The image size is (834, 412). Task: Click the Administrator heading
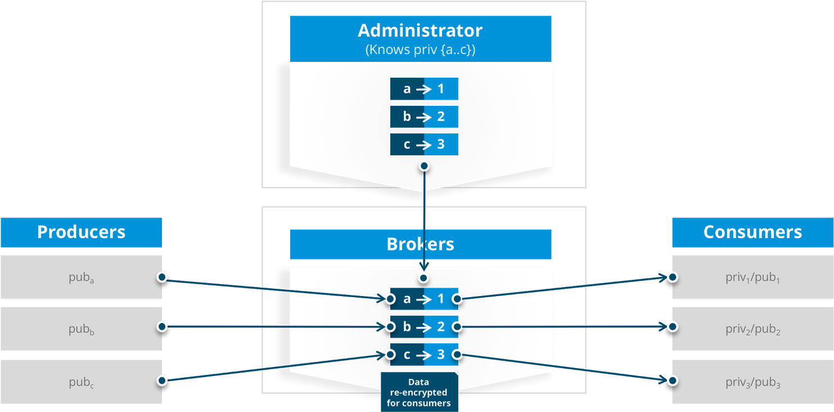(420, 30)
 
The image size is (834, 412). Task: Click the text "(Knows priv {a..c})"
(420, 50)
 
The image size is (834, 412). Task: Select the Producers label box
(81, 232)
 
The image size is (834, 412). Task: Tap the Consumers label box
(752, 232)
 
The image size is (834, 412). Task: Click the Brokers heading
(420, 244)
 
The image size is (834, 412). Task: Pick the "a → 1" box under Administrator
(424, 89)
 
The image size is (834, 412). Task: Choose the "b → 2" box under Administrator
(424, 117)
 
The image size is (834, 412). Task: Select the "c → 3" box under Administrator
(424, 145)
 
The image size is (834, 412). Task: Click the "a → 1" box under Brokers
(424, 299)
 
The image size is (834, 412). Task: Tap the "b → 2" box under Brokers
(424, 326)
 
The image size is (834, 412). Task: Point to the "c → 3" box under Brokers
(424, 355)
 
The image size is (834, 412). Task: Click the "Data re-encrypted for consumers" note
(419, 392)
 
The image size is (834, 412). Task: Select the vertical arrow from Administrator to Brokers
(424, 220)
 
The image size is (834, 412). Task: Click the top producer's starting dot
(162, 277)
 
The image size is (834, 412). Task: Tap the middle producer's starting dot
(162, 326)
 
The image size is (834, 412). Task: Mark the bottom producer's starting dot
(162, 380)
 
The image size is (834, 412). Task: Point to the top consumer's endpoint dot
(672, 277)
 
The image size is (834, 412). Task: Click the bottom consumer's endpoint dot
(672, 380)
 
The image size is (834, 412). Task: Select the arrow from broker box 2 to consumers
(562, 326)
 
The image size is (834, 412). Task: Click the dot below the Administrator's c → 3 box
(424, 165)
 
